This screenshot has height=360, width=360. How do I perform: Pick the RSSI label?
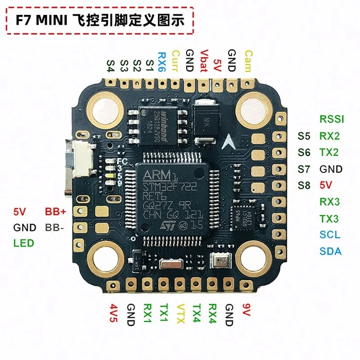[332, 119]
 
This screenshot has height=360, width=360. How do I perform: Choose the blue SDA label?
[330, 251]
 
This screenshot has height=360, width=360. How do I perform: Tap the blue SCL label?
[330, 234]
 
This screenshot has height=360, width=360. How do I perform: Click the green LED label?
[24, 243]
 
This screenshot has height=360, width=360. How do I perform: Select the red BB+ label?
[55, 211]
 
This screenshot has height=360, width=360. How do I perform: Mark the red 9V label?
[246, 310]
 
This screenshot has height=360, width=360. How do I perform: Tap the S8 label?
[304, 185]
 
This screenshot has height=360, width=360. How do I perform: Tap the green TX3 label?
[329, 218]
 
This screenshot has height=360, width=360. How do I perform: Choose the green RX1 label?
[147, 314]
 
